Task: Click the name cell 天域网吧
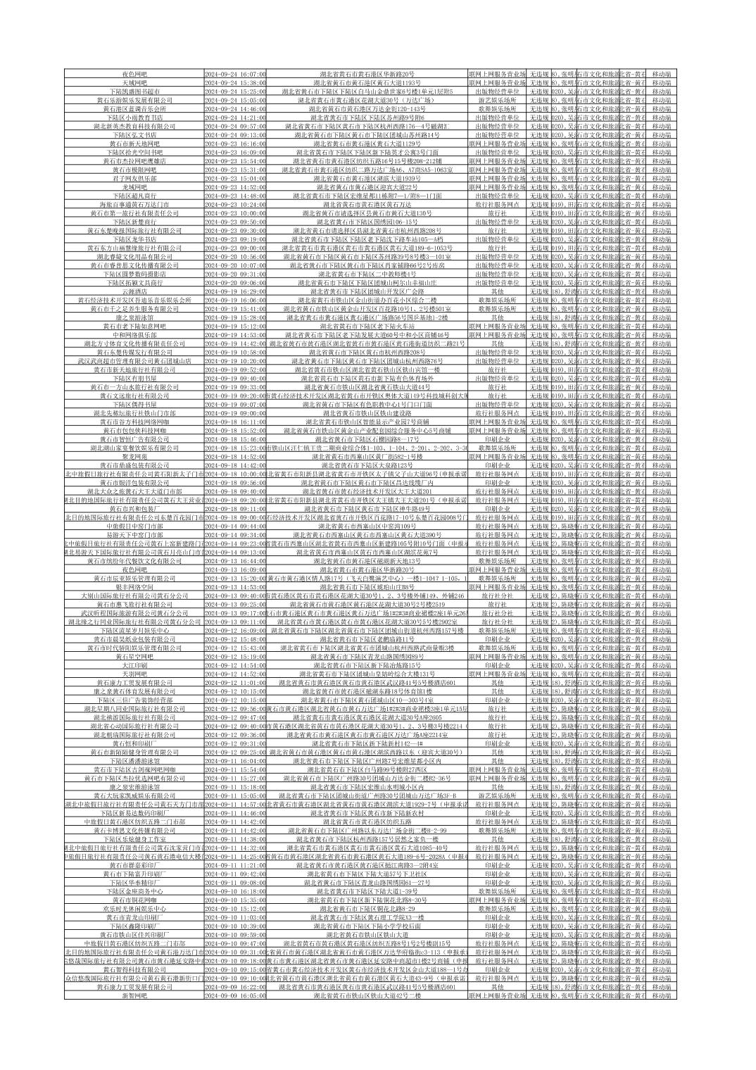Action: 134,82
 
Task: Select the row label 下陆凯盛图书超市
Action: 134,92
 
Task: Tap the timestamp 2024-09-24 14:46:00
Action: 235,108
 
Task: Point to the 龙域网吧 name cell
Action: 134,187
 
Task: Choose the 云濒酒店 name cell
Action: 134,291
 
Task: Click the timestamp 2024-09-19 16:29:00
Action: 235,291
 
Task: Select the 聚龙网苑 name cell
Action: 134,456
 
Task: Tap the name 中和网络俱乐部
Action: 134,334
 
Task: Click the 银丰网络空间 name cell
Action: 134,586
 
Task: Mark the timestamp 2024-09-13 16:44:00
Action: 235,560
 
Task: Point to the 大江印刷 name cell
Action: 134,665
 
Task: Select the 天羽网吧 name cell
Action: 134,674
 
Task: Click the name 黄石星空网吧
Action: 134,656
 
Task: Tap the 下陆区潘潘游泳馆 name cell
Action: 134,760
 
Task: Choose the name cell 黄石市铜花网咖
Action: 134,900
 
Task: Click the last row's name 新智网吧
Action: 134,995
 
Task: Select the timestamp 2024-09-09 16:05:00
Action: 235,995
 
